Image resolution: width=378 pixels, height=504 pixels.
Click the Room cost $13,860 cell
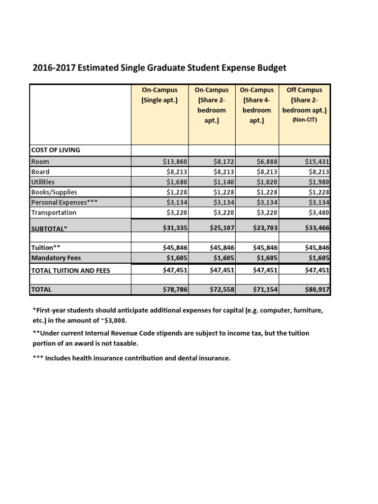175,161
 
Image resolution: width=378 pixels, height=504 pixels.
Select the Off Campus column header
308,90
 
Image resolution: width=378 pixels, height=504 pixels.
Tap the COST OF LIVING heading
55,150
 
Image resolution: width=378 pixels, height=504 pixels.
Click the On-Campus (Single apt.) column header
159,95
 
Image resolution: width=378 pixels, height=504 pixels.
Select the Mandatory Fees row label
56,257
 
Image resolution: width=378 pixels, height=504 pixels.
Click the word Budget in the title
271,68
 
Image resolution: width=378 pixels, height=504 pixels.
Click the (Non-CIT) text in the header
308,120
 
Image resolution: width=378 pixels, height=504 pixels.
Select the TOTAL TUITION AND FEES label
70,270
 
